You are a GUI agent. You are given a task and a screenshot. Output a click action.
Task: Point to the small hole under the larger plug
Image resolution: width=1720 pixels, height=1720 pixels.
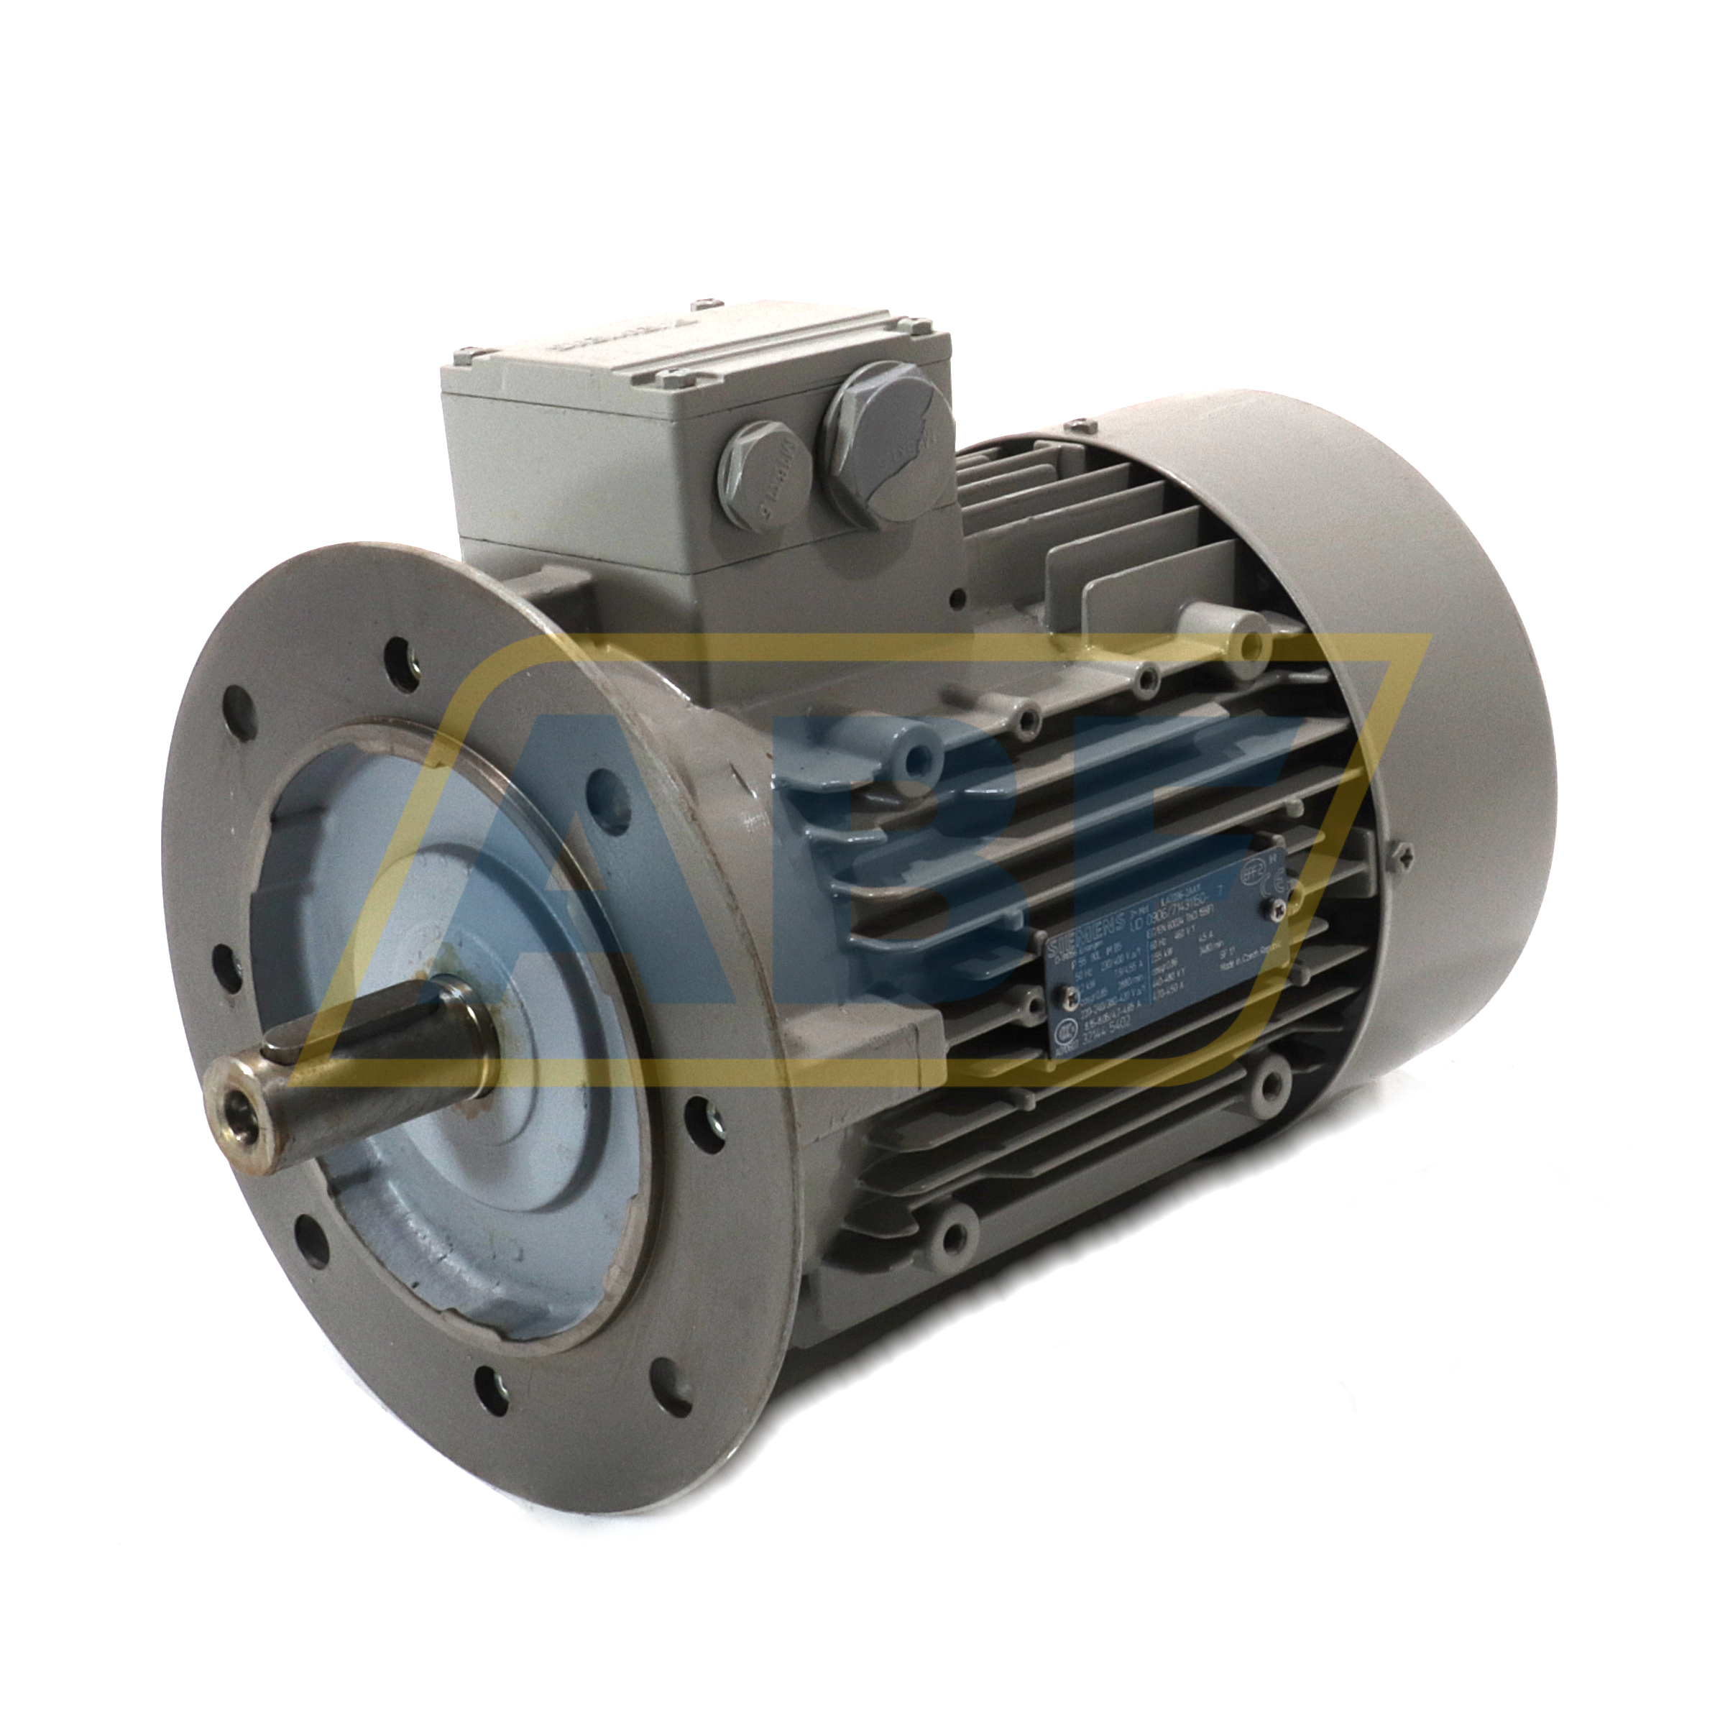(958, 598)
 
